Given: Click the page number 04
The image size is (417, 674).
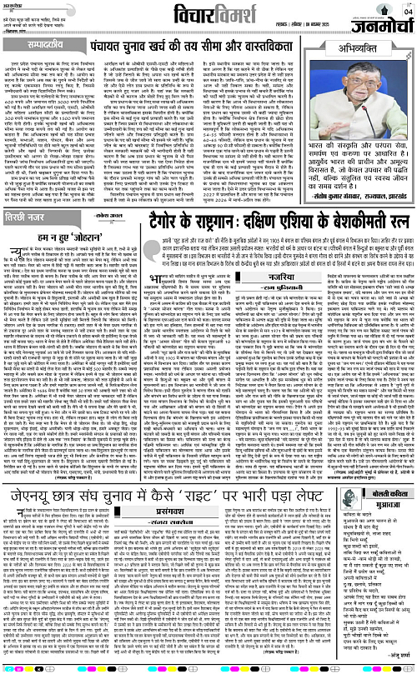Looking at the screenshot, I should [408, 10].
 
